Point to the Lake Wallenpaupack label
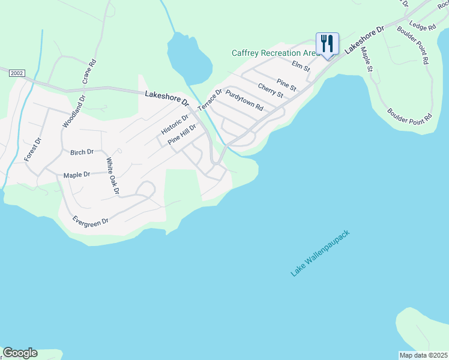[319, 253]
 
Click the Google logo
[20, 353]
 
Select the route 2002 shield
[16, 73]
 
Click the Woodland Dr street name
[74, 111]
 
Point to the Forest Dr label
[32, 149]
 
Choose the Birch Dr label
[82, 152]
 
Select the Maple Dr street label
[77, 175]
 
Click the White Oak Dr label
[112, 175]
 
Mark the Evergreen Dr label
[90, 221]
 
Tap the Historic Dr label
[175, 124]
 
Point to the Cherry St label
[270, 90]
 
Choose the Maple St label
[367, 59]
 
